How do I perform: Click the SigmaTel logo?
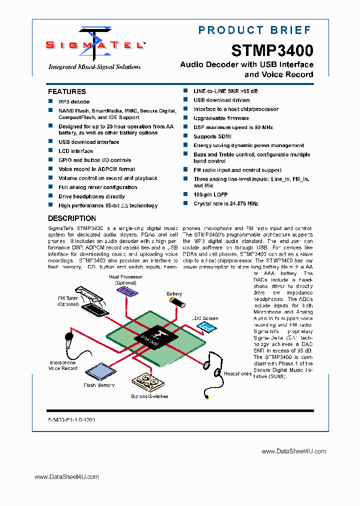(95, 44)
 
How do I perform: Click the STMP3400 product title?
(272, 50)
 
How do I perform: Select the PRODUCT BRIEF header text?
(255, 30)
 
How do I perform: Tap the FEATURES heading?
(67, 91)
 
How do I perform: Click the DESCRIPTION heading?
(72, 218)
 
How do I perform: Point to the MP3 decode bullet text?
(74, 101)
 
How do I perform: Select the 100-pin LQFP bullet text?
(210, 194)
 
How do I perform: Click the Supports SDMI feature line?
(212, 136)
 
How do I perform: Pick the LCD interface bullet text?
(75, 151)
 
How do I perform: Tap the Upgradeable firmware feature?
(221, 118)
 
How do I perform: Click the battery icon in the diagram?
(176, 303)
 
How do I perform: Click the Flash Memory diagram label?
(99, 385)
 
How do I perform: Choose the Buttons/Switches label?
(150, 396)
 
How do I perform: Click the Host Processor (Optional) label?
(125, 279)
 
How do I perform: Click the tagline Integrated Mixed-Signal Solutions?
(94, 67)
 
